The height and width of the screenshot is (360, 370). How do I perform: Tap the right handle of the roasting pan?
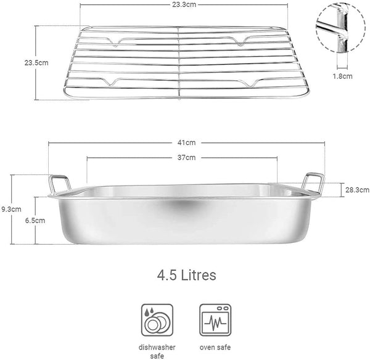pyautogui.click(x=311, y=183)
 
